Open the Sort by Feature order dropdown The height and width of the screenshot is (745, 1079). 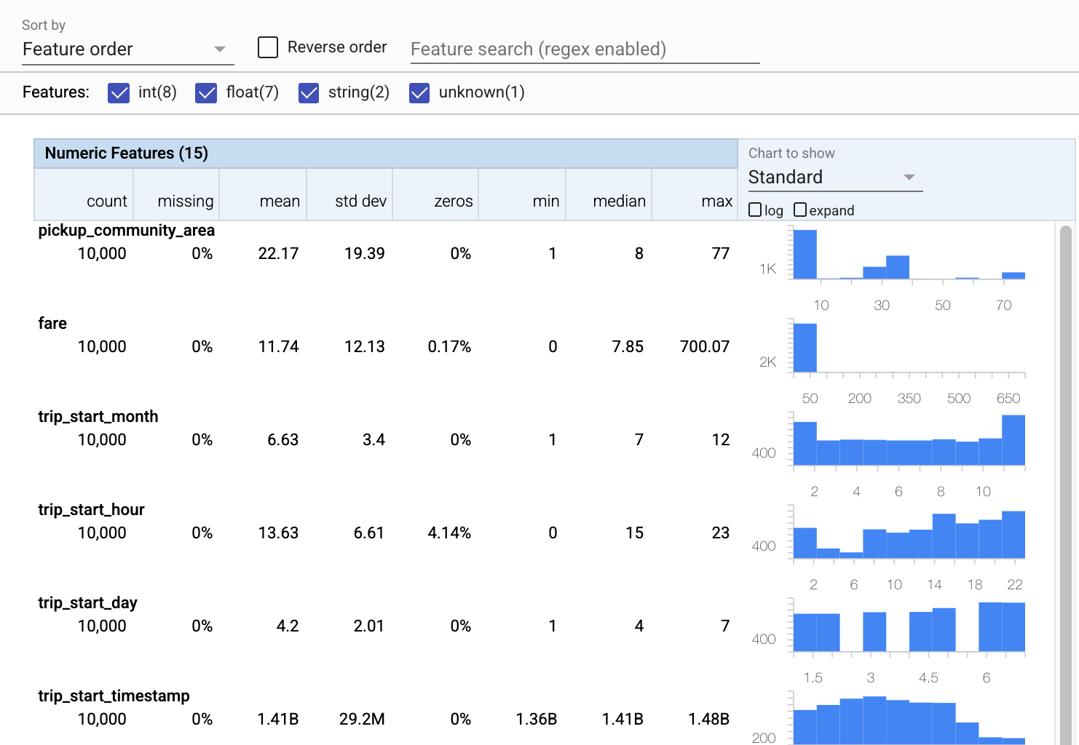point(127,49)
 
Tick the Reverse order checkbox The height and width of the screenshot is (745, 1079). point(268,47)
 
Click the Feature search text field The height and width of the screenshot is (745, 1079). point(585,49)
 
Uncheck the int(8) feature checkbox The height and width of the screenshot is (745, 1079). point(119,92)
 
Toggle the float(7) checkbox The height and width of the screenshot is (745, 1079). point(206,92)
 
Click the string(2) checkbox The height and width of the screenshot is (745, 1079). point(309,92)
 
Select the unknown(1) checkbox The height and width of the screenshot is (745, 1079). point(419,92)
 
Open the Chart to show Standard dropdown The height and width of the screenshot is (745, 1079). point(834,178)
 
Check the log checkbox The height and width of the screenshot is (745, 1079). point(755,210)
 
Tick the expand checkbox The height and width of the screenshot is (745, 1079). point(800,210)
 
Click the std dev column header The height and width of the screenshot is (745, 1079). point(360,202)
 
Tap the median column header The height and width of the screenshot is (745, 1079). point(619,202)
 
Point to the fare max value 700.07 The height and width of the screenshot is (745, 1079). point(704,347)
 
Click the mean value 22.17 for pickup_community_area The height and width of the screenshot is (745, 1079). point(278,254)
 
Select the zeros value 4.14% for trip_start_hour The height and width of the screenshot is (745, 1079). point(449,533)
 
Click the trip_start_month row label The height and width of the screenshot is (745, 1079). point(98,417)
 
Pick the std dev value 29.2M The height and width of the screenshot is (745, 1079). point(362,720)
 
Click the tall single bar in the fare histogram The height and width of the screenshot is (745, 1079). point(805,348)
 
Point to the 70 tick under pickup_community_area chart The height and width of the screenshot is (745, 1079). point(1003,306)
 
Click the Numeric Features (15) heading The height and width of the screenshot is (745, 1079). point(127,154)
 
